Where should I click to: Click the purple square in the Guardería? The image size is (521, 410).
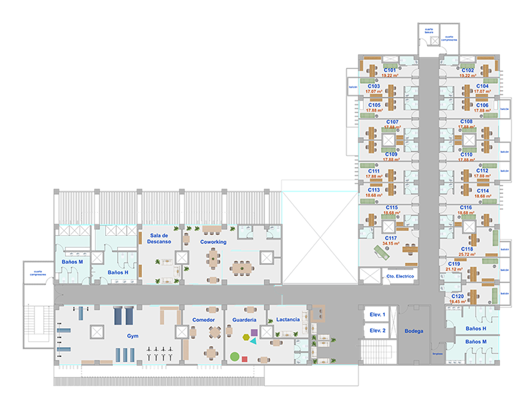[254, 332]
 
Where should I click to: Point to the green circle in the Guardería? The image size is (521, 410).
[234, 357]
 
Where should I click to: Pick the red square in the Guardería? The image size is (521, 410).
[245, 359]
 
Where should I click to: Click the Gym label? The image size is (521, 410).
[133, 336]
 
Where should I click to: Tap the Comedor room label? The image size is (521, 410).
[203, 320]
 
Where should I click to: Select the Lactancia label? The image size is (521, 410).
[288, 319]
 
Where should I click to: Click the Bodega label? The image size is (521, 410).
[414, 331]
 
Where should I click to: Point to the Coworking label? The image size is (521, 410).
[213, 242]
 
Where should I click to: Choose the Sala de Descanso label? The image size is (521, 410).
[159, 239]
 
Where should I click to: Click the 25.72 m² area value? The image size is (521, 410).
[467, 255]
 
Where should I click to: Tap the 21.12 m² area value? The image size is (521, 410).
[454, 269]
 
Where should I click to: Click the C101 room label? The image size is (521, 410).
[390, 70]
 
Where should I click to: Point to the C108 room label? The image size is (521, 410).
[466, 121]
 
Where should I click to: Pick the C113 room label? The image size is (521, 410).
[374, 190]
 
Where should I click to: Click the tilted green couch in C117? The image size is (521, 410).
[383, 252]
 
